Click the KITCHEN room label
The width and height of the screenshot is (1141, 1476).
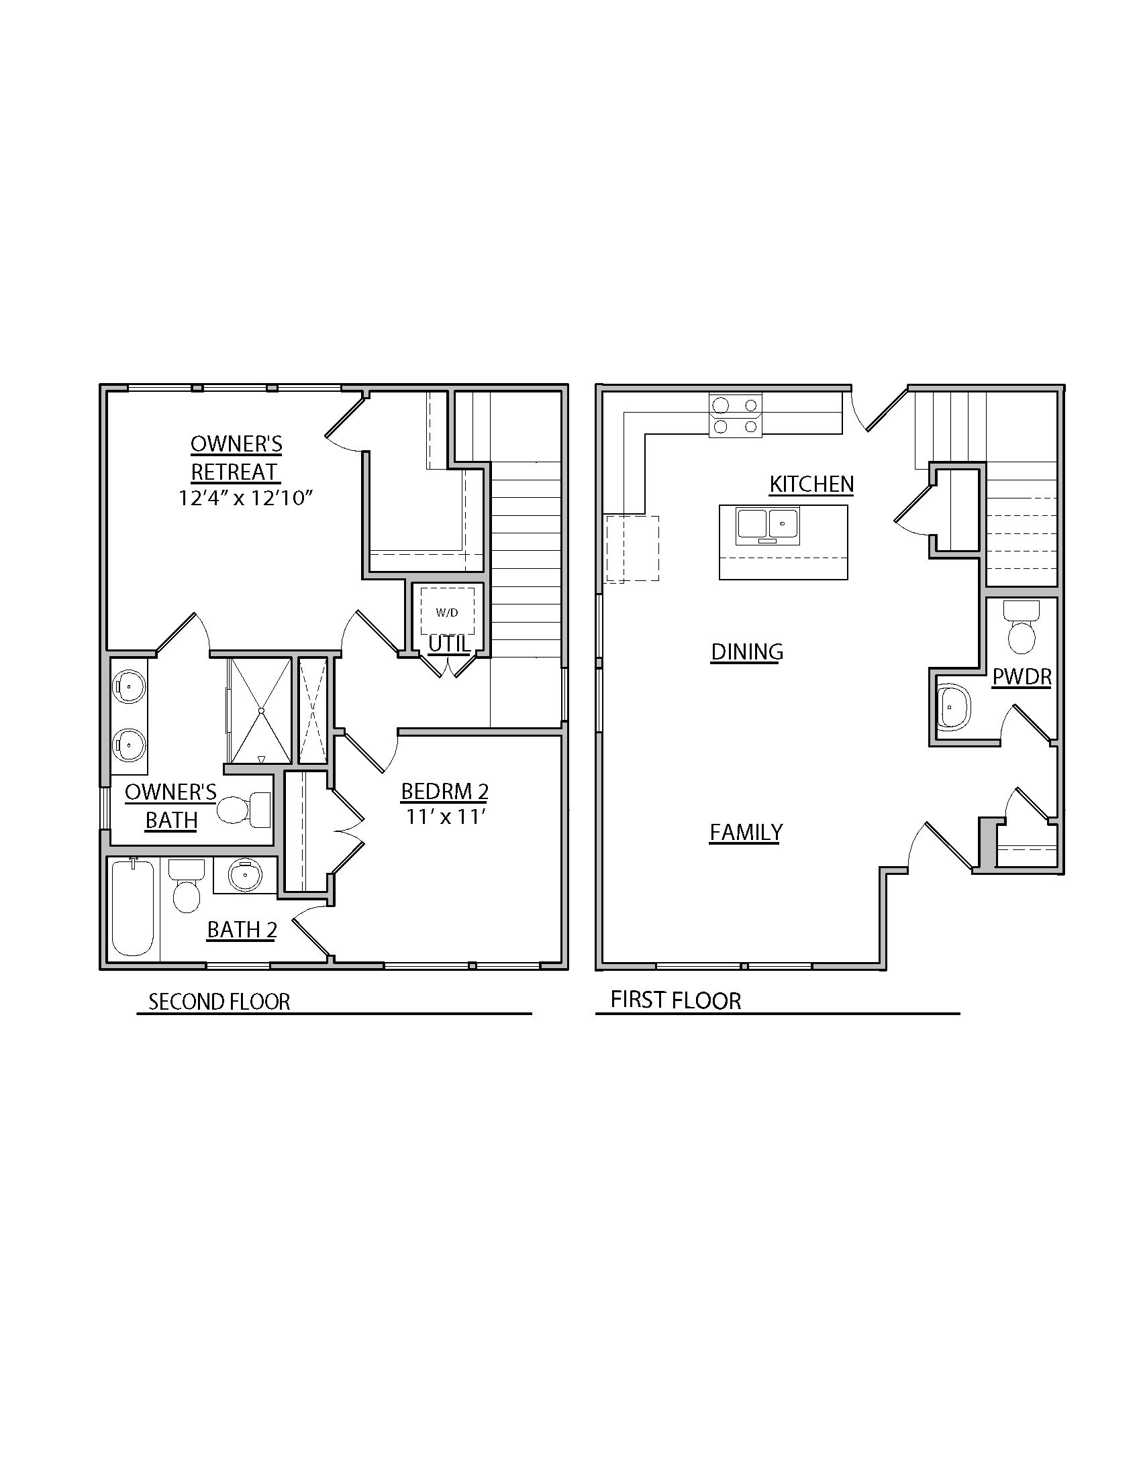(811, 484)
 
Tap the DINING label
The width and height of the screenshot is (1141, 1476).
(747, 651)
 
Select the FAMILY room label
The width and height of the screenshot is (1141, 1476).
(746, 832)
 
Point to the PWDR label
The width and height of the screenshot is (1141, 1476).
(1022, 676)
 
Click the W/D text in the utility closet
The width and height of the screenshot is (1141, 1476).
(447, 613)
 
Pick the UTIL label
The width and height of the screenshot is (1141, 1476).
(449, 644)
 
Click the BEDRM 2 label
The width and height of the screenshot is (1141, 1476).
(444, 792)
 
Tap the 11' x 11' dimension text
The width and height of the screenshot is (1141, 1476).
(446, 817)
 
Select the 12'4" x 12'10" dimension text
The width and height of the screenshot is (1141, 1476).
(246, 498)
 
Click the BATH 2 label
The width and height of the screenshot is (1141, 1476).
(242, 930)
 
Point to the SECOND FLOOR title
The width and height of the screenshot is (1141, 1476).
(219, 1002)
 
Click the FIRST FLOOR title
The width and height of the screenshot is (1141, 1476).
(675, 1000)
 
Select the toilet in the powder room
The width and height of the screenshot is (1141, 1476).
(1021, 628)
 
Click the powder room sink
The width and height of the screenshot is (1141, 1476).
(953, 707)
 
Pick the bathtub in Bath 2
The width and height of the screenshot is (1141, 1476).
(132, 906)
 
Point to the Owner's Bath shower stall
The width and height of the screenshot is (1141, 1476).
(260, 710)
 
